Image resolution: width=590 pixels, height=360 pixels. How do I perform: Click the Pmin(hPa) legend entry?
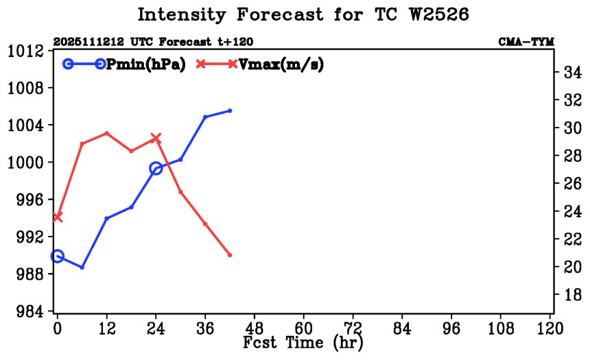[145, 64]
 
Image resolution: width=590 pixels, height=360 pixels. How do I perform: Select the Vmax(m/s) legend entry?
[281, 64]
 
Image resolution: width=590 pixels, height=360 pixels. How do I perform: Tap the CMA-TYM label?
[526, 42]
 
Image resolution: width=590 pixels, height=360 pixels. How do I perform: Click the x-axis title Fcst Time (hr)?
[303, 342]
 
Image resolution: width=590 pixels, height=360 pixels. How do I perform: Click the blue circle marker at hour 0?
[57, 256]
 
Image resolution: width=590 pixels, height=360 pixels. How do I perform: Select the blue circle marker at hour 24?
[156, 168]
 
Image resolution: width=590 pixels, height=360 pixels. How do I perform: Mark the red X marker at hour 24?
[156, 138]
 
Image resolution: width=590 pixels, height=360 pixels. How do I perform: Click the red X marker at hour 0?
[57, 217]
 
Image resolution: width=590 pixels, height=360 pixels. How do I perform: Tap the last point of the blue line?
[230, 110]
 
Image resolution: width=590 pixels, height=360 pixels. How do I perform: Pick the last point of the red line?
[230, 255]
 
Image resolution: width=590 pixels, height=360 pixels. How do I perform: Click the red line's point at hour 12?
[106, 132]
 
